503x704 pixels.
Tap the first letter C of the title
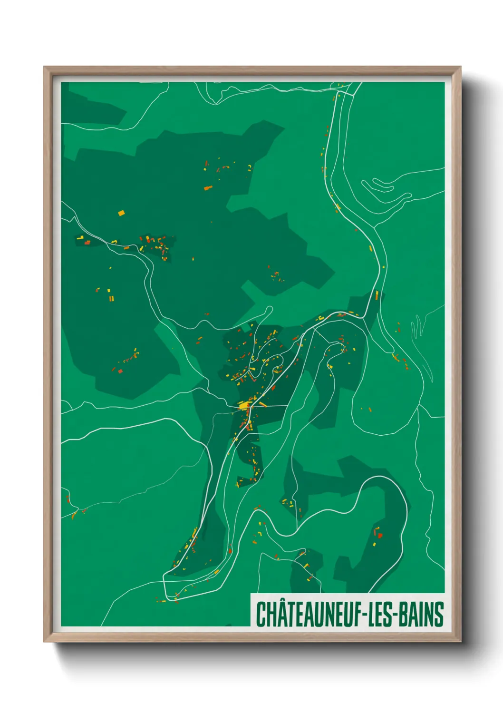[261, 615]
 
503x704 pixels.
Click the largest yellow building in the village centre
[244, 406]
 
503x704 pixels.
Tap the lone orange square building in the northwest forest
[121, 213]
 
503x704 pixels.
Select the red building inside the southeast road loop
[380, 535]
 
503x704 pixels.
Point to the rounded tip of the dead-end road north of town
[271, 309]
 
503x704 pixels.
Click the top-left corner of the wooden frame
[44, 67]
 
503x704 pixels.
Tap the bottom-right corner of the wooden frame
[461, 642]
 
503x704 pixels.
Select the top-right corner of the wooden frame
[461, 67]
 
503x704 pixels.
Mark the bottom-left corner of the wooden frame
[44, 642]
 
